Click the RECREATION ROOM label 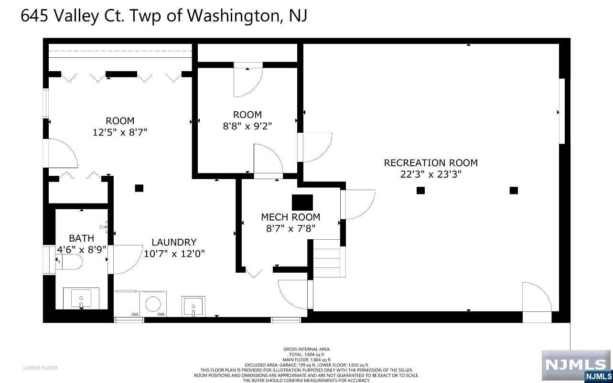[431, 163]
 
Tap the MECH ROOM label [290, 217]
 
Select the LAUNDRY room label [174, 242]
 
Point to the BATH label [81, 238]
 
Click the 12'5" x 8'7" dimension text [120, 132]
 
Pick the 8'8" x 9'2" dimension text [247, 126]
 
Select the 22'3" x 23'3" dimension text [431, 174]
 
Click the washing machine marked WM [153, 304]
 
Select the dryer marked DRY [127, 304]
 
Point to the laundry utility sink [193, 306]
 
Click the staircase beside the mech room [329, 258]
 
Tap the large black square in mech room [302, 202]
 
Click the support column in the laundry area [139, 188]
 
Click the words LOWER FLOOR [40, 368]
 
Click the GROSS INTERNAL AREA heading [307, 349]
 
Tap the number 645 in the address [34, 15]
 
